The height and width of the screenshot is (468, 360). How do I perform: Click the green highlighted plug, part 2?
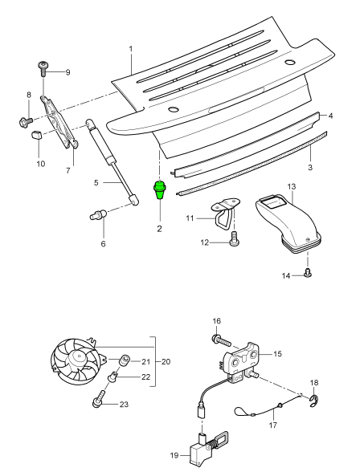(160, 189)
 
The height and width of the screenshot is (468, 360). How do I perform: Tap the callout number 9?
(67, 72)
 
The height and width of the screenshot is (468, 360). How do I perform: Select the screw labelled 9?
(43, 69)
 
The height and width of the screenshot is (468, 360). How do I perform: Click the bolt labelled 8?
(26, 121)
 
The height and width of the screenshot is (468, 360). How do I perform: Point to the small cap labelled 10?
(36, 135)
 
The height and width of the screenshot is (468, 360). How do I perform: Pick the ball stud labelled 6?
(98, 214)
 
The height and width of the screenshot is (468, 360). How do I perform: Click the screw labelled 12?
(234, 240)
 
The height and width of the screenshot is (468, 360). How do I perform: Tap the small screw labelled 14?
(308, 273)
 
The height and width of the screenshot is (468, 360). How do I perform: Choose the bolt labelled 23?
(99, 398)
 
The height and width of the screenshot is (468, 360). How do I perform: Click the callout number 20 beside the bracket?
(166, 362)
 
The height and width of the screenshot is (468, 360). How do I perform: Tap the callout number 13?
(292, 186)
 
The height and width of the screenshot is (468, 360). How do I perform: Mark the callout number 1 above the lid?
(130, 49)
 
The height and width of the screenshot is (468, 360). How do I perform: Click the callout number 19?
(174, 455)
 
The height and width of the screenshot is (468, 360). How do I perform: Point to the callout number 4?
(330, 116)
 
